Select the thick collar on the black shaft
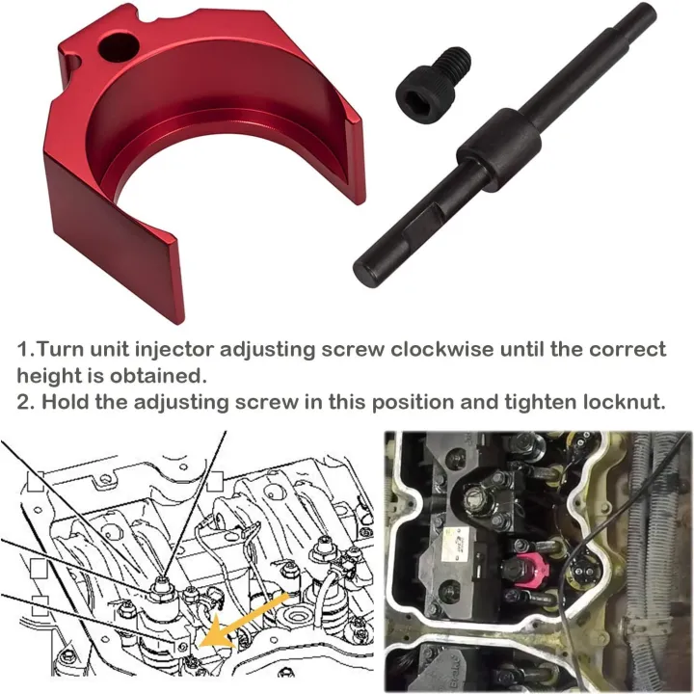point(498,143)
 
